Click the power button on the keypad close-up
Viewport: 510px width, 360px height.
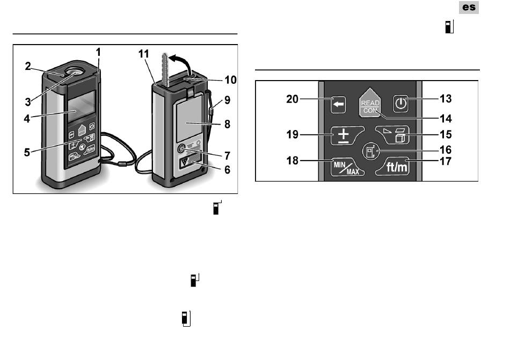pos(400,104)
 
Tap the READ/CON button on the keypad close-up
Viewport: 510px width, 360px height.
pos(370,103)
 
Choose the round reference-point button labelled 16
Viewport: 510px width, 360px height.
pos(370,152)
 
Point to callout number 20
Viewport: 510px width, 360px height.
pos(292,99)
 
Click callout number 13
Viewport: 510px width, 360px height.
pos(446,98)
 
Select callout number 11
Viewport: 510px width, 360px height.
pos(143,54)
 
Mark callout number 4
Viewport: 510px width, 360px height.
pos(27,119)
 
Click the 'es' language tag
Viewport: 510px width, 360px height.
pos(469,7)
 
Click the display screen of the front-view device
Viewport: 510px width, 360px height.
pos(81,106)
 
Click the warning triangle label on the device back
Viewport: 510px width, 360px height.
pos(185,162)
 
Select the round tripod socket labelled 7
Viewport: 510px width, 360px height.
pos(181,149)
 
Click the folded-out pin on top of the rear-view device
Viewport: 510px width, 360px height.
pos(165,70)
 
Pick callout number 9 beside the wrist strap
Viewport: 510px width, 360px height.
pos(227,100)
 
